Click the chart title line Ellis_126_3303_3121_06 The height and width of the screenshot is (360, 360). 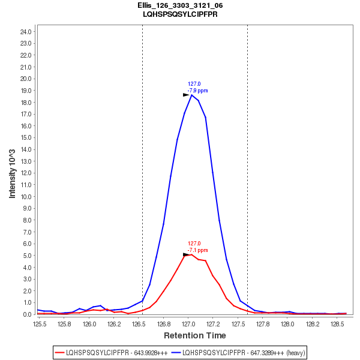[x=180, y=5]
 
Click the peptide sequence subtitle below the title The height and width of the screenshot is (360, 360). [x=180, y=14]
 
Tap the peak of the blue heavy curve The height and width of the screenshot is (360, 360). [x=191, y=95]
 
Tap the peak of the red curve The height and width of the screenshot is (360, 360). [x=191, y=254]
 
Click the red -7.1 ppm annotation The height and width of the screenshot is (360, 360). [x=197, y=250]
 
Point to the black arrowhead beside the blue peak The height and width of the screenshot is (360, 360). [x=186, y=95]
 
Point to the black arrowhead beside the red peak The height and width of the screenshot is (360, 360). [x=186, y=254]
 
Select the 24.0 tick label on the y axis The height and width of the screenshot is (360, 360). [x=26, y=31]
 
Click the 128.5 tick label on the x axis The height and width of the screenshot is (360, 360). [x=337, y=324]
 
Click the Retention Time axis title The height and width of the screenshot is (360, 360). [x=195, y=335]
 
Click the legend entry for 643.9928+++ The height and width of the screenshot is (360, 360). [x=112, y=353]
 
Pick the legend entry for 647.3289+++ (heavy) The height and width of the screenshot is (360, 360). [x=238, y=353]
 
